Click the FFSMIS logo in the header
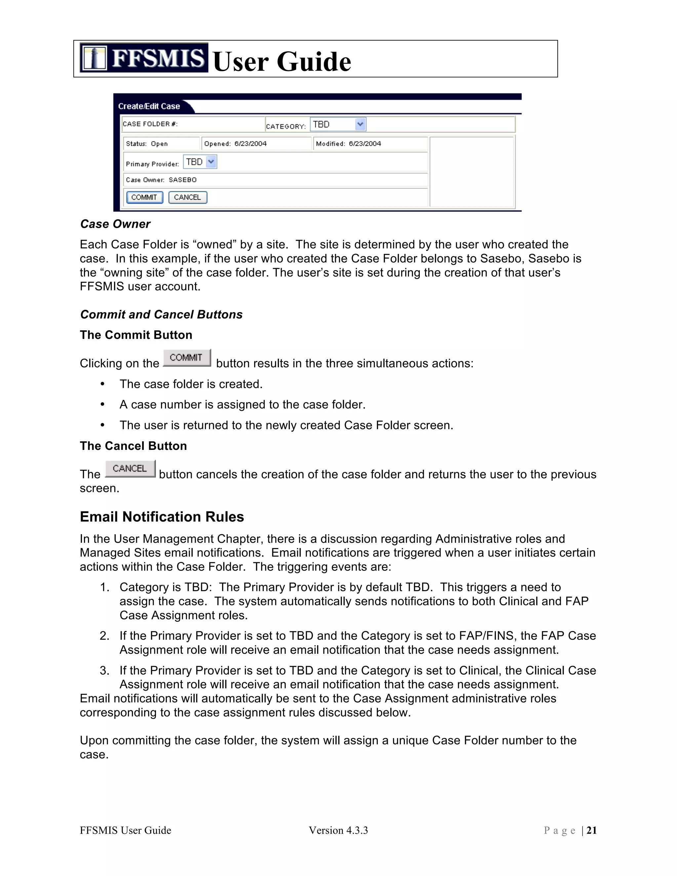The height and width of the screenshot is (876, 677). coord(143,58)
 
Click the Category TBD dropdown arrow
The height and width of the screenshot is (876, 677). coord(360,124)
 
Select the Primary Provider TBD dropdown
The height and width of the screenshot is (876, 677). coord(200,162)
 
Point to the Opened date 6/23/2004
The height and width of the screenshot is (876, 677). coord(250,143)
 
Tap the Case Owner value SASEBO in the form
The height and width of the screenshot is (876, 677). coord(182,180)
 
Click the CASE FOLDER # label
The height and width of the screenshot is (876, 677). coord(150,124)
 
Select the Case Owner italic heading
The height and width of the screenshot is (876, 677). coord(115,224)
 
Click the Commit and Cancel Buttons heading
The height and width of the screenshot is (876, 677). coord(161,314)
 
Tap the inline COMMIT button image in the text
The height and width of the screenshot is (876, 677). coord(186,358)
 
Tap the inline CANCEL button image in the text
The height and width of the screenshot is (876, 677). coord(130,468)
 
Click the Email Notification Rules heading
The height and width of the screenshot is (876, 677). coord(162,517)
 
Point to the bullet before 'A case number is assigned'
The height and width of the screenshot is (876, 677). coord(103,404)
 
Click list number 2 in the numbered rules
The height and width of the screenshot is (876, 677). coord(104,636)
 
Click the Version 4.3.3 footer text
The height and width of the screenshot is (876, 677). coord(338,830)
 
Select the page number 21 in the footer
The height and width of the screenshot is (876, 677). coord(592,830)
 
